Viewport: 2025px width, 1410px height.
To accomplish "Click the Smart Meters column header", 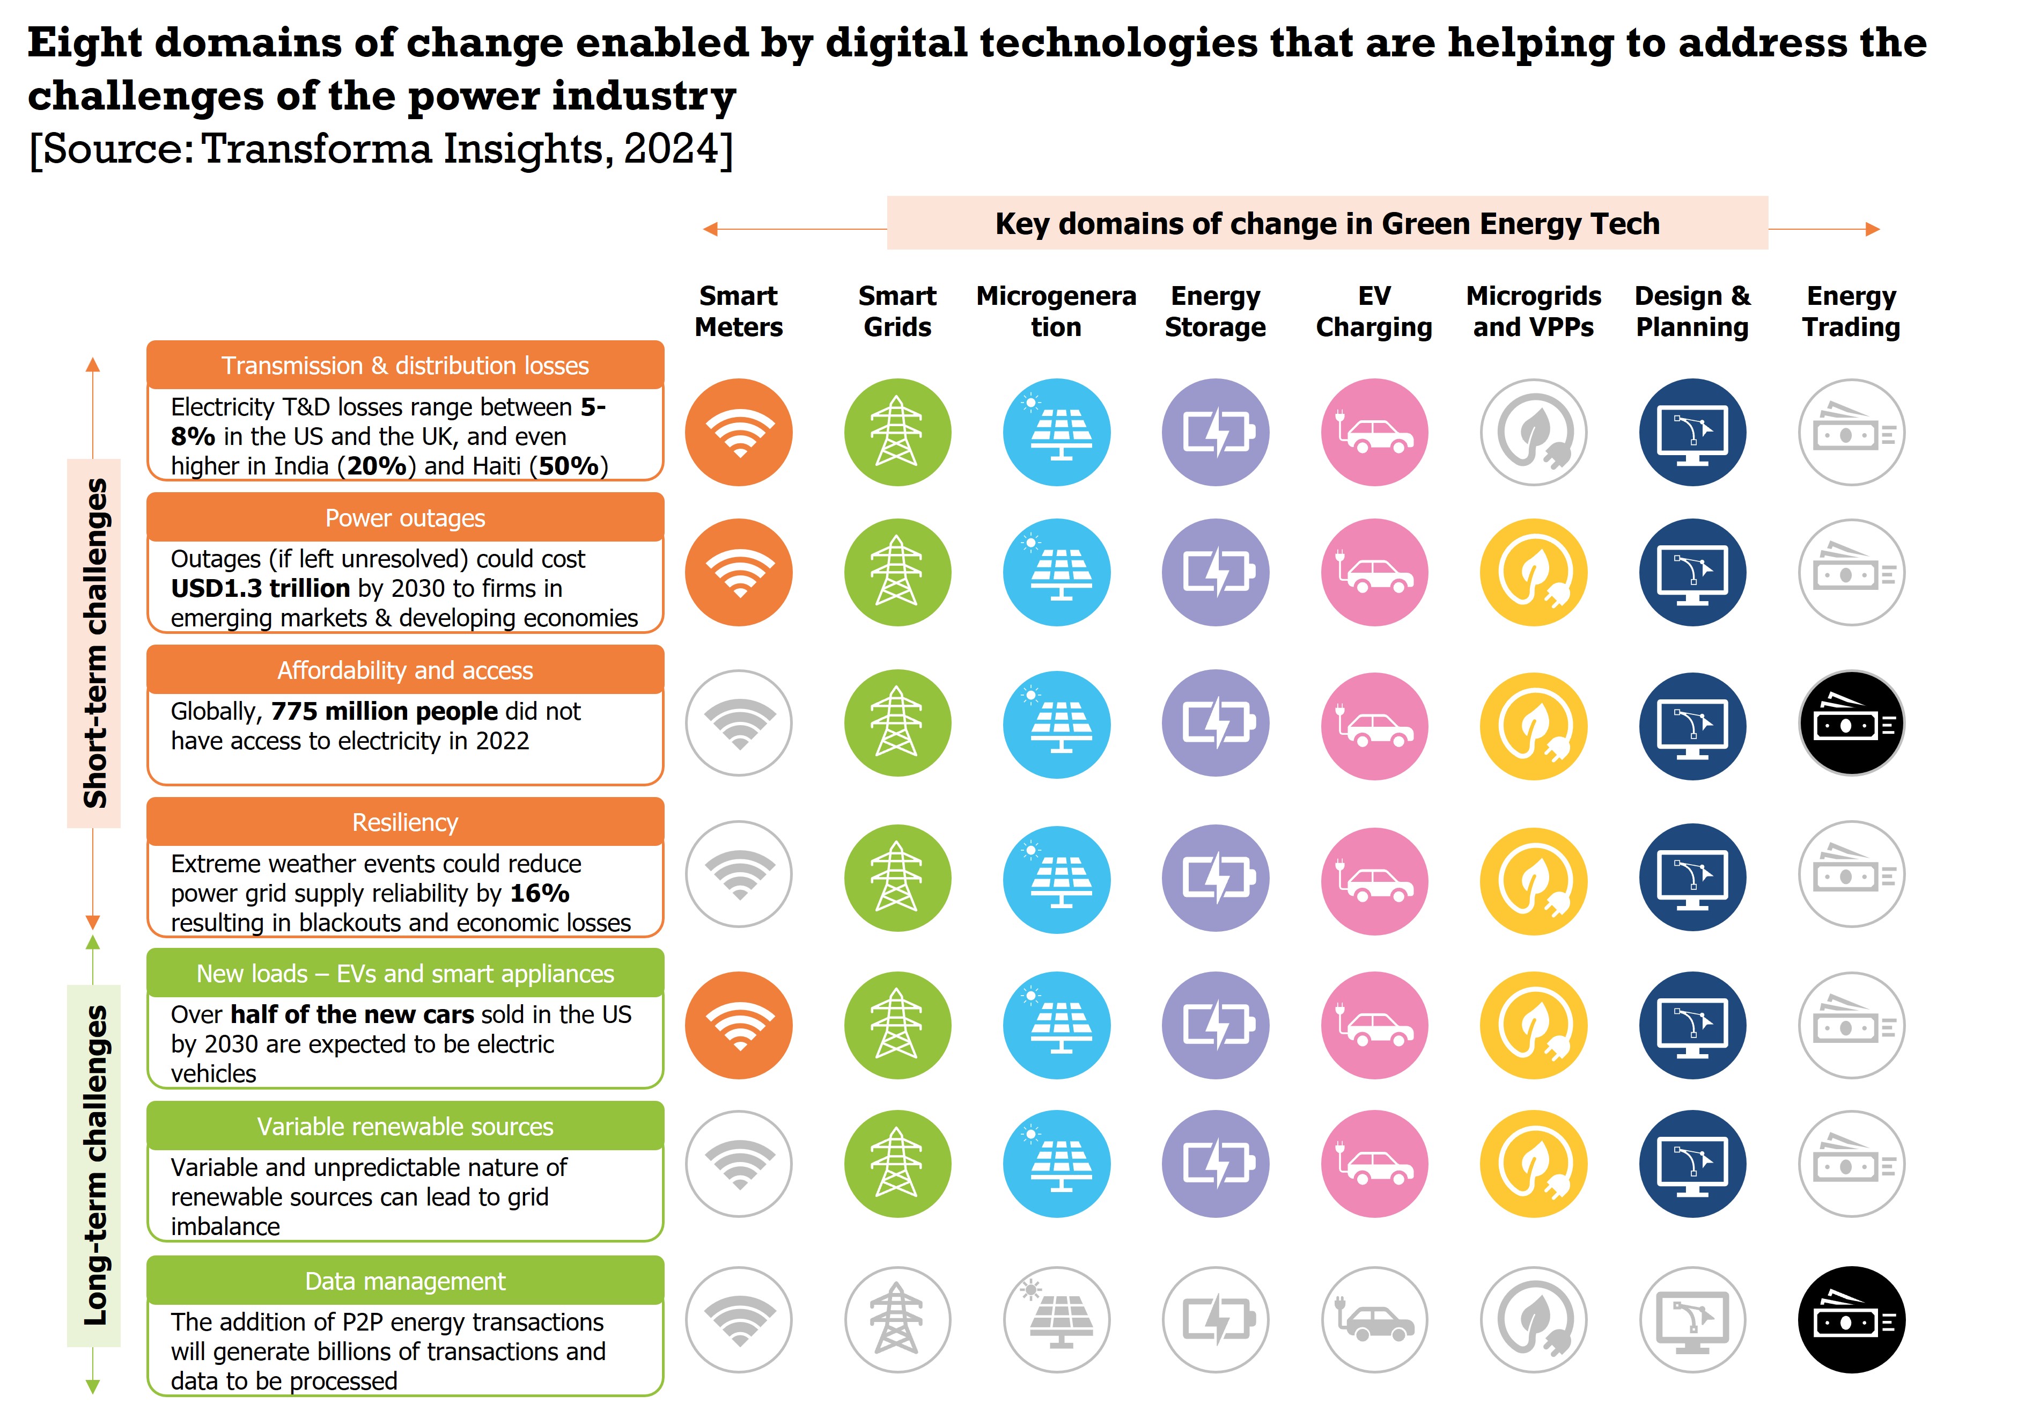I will [x=738, y=311].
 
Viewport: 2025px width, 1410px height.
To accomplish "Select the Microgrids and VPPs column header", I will [x=1533, y=311].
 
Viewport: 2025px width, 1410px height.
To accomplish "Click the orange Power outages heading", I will [x=405, y=518].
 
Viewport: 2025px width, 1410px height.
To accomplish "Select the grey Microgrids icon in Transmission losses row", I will [x=1533, y=433].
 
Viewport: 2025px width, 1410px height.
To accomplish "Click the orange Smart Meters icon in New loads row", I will [x=738, y=1025].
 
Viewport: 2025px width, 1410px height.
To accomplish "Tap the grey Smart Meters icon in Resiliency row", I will [x=738, y=873].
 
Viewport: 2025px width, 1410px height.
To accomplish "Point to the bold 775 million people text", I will [x=385, y=711].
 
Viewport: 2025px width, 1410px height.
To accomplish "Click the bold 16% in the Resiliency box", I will [x=540, y=893].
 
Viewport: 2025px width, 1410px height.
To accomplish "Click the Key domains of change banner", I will [x=1327, y=223].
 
